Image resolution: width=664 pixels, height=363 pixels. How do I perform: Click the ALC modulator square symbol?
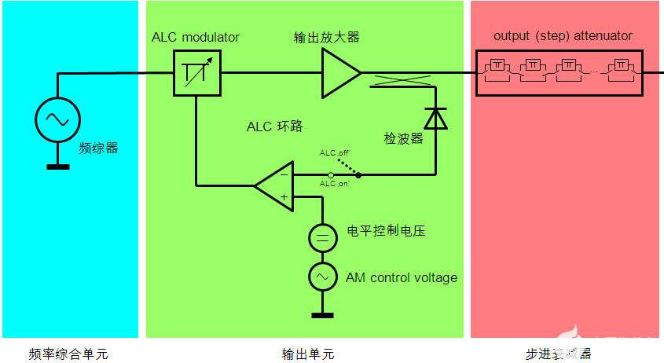coord(196,73)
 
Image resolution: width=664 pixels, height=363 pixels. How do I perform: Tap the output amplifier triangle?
coord(339,73)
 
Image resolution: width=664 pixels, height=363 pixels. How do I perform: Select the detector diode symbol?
coord(435,118)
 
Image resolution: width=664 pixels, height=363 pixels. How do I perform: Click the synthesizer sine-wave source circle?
coord(57,119)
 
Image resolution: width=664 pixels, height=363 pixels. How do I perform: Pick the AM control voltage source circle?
coord(322,277)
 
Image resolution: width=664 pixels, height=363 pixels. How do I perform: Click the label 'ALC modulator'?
coord(196,38)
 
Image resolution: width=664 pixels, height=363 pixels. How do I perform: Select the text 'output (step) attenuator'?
coord(563,36)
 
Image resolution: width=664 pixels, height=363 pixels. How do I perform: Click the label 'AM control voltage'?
coord(402,277)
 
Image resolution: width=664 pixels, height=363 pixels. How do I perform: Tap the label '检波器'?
coord(404,138)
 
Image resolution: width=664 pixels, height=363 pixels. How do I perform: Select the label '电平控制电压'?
coord(387,232)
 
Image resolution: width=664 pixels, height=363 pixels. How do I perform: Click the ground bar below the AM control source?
coord(322,316)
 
